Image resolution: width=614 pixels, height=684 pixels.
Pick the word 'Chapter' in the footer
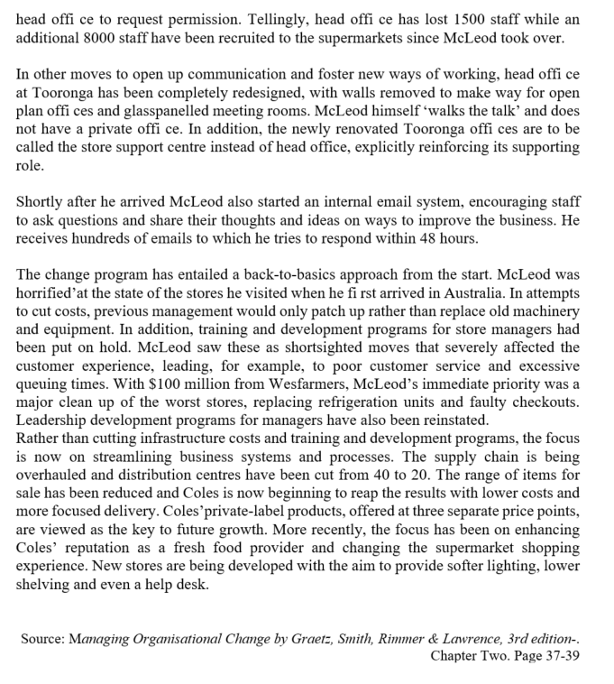pos(456,656)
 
